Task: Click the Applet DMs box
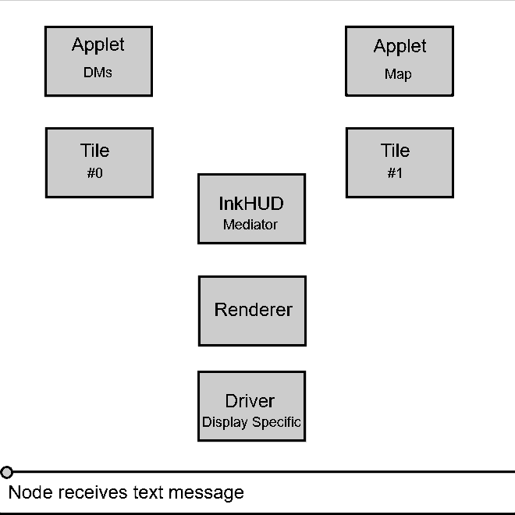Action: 98,61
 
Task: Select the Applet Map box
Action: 400,61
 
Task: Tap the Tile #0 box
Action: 99,162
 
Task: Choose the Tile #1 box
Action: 400,162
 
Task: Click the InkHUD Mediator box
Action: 251,208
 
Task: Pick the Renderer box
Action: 252,311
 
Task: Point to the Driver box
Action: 251,406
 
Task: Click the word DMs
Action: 98,73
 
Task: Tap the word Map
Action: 398,75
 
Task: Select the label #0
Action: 94,173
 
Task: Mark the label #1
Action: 395,173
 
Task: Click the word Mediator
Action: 250,225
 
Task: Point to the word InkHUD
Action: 250,204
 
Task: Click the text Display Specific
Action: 251,422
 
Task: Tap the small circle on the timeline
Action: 7,472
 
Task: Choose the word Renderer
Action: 253,310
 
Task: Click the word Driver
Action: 250,401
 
